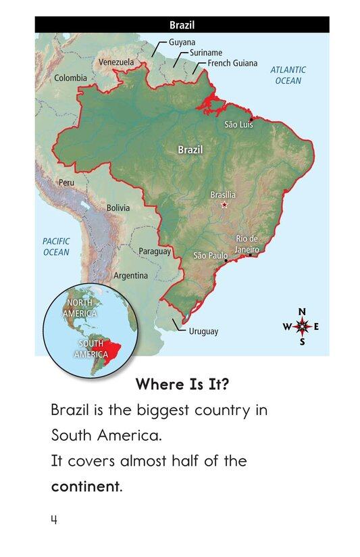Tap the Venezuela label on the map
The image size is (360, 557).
[116, 62]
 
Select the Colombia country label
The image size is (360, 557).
[70, 78]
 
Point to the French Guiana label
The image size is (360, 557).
[232, 63]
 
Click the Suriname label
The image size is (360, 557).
[206, 52]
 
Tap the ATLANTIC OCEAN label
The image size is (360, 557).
[288, 75]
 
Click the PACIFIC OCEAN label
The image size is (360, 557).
[56, 247]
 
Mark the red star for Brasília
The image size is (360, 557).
[225, 205]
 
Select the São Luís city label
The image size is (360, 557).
[238, 125]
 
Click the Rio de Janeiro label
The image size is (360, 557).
[247, 244]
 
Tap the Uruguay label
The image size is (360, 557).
[203, 331]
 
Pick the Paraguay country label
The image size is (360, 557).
[155, 251]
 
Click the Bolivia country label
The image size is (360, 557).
[118, 208]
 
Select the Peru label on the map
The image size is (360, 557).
[67, 183]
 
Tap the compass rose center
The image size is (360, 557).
[302, 326]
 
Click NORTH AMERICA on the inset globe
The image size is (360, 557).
[80, 308]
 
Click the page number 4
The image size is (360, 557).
[53, 520]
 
